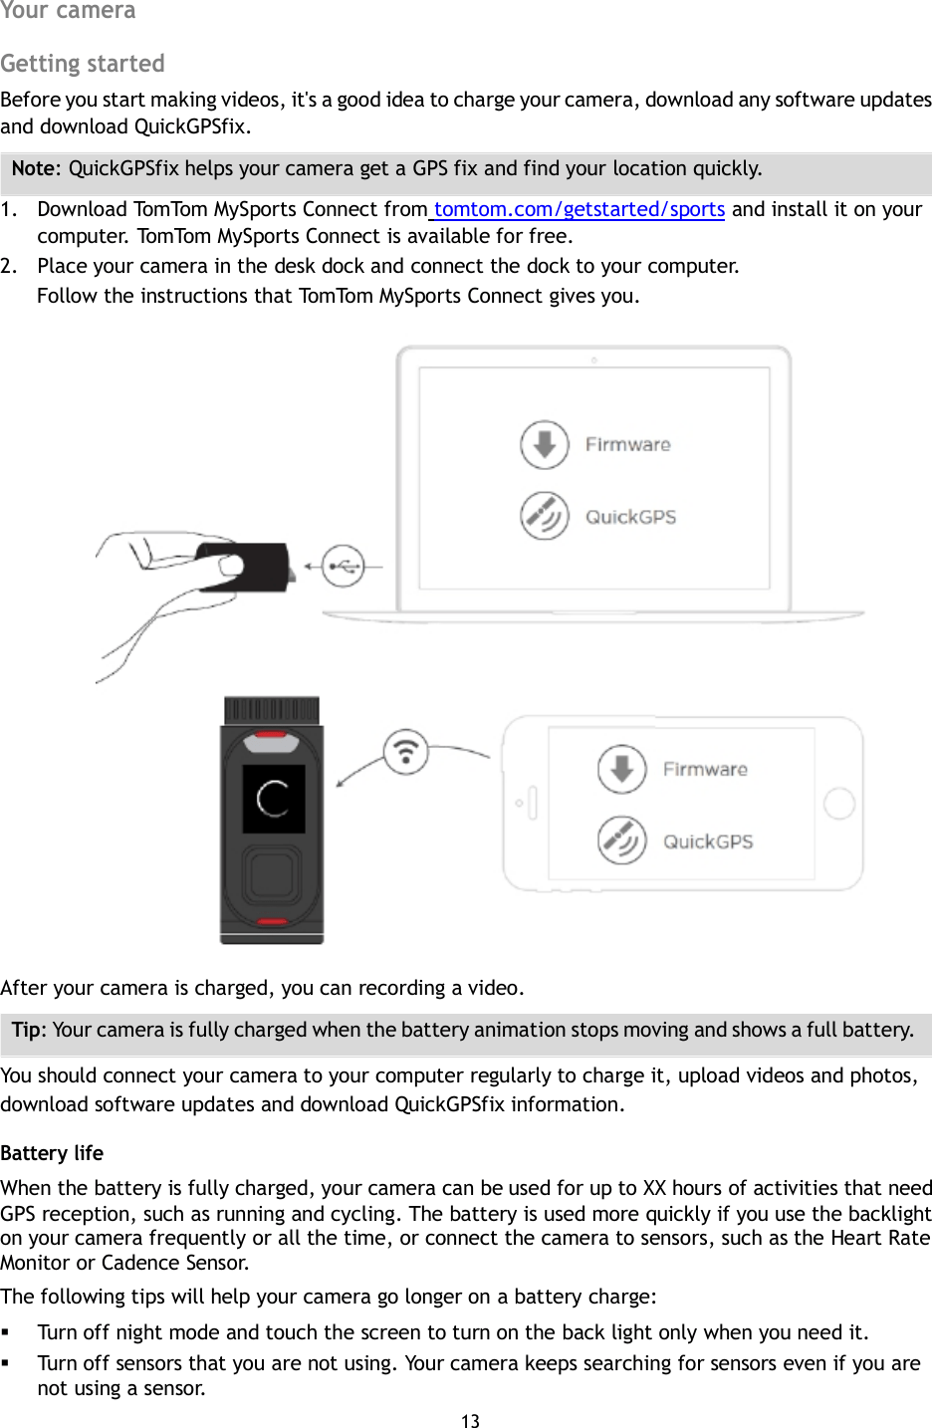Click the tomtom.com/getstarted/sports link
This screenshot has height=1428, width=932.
click(x=579, y=209)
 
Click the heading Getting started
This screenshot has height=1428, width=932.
click(x=83, y=64)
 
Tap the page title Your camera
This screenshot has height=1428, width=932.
click(x=68, y=11)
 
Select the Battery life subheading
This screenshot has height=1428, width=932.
click(x=52, y=1153)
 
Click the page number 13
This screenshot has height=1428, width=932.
click(x=470, y=1421)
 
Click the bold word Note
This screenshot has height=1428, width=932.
click(x=36, y=168)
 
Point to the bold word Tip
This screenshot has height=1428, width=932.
click(x=28, y=1030)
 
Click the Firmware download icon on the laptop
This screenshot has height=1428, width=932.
click(x=544, y=444)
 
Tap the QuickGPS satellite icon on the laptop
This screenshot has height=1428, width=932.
click(x=544, y=516)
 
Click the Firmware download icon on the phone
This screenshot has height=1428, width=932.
click(x=621, y=769)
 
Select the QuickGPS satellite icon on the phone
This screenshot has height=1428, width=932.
click(x=621, y=840)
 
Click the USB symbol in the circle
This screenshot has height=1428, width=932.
click(x=344, y=567)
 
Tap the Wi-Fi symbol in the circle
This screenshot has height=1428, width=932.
click(x=406, y=752)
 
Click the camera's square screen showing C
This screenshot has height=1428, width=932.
click(x=273, y=799)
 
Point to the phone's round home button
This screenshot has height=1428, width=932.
click(x=839, y=804)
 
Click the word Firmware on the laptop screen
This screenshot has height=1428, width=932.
click(x=627, y=445)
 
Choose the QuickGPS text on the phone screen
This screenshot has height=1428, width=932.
click(x=708, y=841)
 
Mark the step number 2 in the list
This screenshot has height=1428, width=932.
click(x=9, y=266)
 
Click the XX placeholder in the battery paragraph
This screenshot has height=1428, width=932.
click(x=654, y=1188)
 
